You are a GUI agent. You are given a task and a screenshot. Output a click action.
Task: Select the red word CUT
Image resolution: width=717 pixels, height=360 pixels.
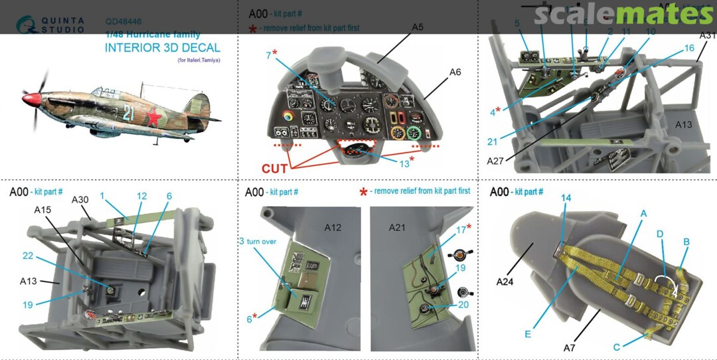pyautogui.click(x=275, y=169)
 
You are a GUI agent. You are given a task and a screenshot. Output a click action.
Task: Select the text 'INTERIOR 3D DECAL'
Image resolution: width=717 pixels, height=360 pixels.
pyautogui.click(x=162, y=48)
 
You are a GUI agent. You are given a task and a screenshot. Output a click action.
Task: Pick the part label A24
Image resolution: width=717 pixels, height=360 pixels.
pyautogui.click(x=507, y=282)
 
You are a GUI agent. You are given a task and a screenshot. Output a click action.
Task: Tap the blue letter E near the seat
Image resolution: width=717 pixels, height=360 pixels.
pyautogui.click(x=528, y=334)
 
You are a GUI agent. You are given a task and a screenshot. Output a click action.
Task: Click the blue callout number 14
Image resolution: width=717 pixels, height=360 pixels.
pyautogui.click(x=566, y=197)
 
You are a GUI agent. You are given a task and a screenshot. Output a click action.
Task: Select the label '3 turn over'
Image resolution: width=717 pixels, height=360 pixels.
pyautogui.click(x=258, y=242)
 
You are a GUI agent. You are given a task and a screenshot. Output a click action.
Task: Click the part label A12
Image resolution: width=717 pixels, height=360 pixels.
pyautogui.click(x=333, y=228)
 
